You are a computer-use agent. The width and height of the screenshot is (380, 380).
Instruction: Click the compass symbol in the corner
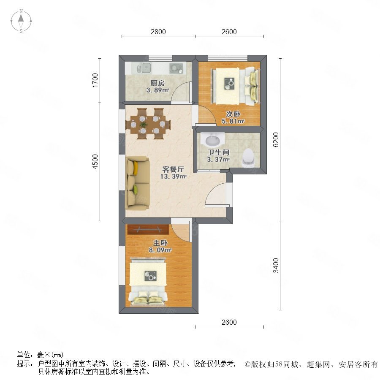pos(21,21)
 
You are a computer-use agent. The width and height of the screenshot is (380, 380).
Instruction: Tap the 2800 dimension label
pos(158,32)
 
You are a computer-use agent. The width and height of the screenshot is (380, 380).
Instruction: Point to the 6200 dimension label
pos(276,140)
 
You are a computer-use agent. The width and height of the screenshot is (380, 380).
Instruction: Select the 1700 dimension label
pos(95,80)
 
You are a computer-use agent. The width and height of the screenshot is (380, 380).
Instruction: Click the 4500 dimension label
pos(95,162)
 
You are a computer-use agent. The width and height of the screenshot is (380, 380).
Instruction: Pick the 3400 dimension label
pos(276,266)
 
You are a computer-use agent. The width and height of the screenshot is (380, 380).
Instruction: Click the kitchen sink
pos(144,68)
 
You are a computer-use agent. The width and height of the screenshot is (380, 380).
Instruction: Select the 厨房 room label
pos(157,83)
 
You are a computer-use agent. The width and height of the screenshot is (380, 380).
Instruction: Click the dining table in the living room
pos(148,124)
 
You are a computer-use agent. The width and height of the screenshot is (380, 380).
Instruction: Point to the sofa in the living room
pos(137,183)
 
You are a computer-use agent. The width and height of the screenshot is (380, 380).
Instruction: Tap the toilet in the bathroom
pos(248,158)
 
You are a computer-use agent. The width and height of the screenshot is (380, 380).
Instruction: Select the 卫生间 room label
pos(219,152)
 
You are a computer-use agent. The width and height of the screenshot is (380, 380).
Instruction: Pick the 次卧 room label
pos(233,114)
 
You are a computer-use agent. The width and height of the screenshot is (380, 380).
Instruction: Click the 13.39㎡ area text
pos(173,176)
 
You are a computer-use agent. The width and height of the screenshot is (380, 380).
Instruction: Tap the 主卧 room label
pos(160,243)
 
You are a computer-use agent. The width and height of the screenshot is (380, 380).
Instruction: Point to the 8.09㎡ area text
pos(160,250)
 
